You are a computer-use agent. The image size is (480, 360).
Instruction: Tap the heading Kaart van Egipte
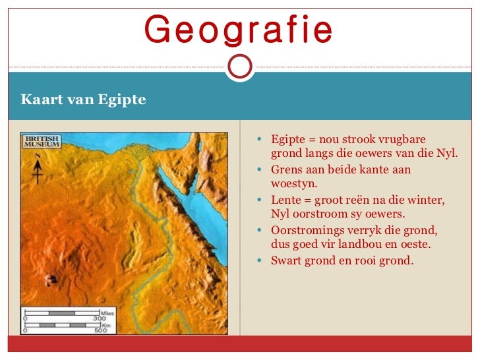click(83, 100)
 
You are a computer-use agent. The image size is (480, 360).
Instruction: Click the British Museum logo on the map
click(42, 142)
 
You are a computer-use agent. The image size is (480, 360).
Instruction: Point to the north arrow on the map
click(38, 169)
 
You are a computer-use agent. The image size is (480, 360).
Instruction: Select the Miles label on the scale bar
click(106, 313)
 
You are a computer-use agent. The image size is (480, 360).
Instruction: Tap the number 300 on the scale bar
click(100, 319)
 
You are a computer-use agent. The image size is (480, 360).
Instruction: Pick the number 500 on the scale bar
click(100, 330)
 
